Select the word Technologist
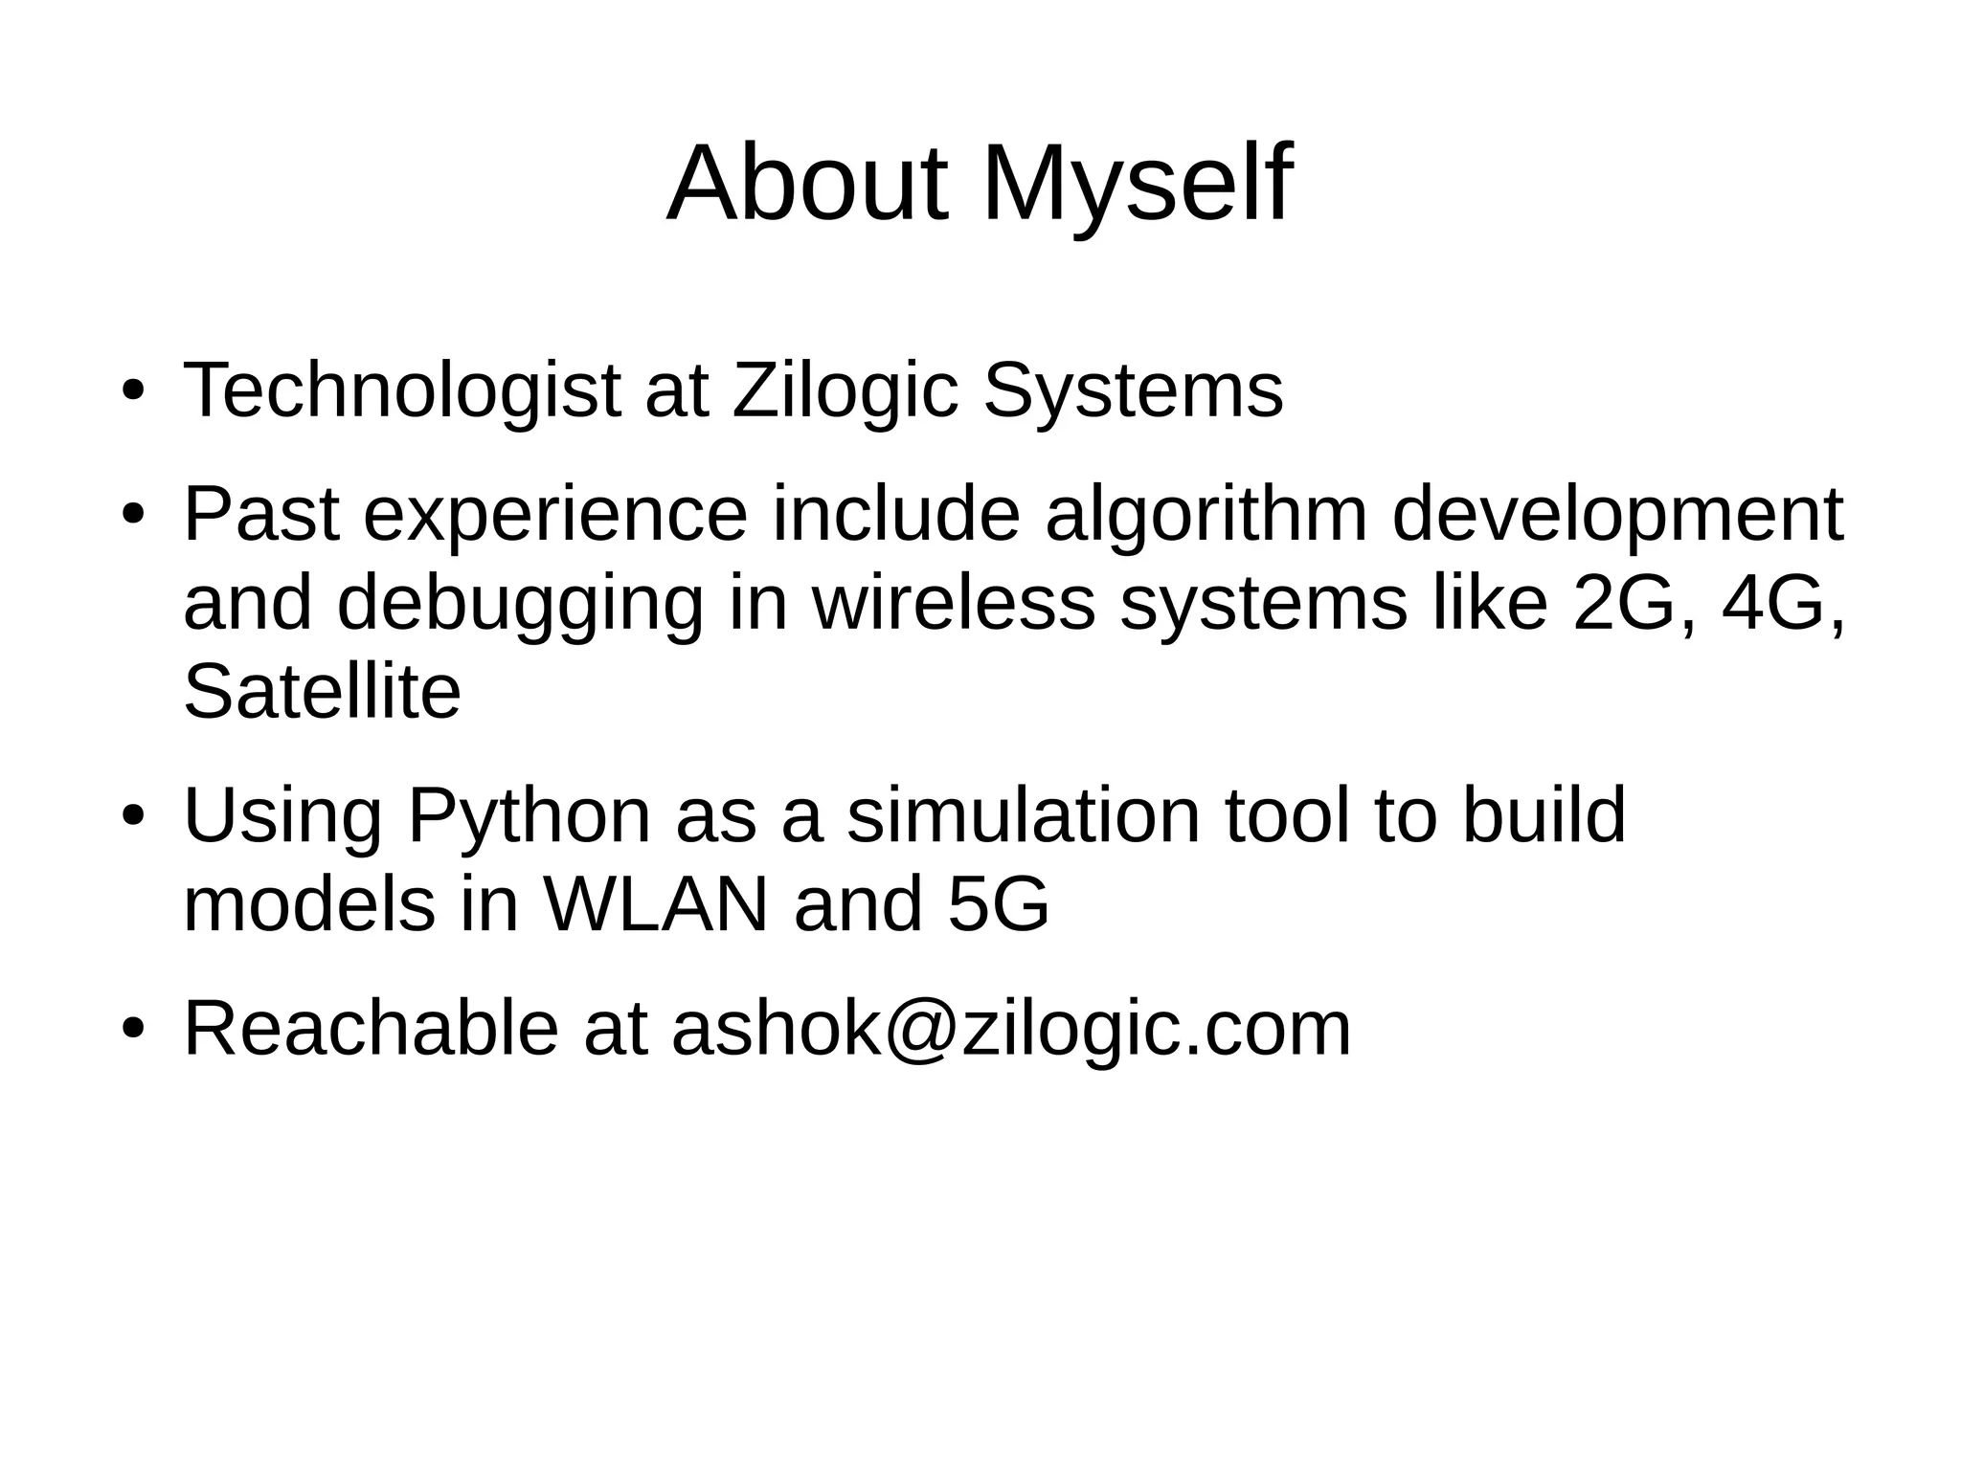pyautogui.click(x=401, y=390)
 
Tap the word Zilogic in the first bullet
pyautogui.click(x=845, y=390)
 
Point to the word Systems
pyautogui.click(x=1133, y=390)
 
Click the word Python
pyautogui.click(x=529, y=815)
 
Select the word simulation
pyautogui.click(x=1023, y=815)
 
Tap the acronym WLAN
pyautogui.click(x=656, y=904)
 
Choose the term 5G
pyautogui.click(x=999, y=904)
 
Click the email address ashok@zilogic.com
pyautogui.click(x=1010, y=1029)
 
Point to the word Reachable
pyautogui.click(x=371, y=1029)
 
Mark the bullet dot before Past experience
pyautogui.click(x=133, y=517)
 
